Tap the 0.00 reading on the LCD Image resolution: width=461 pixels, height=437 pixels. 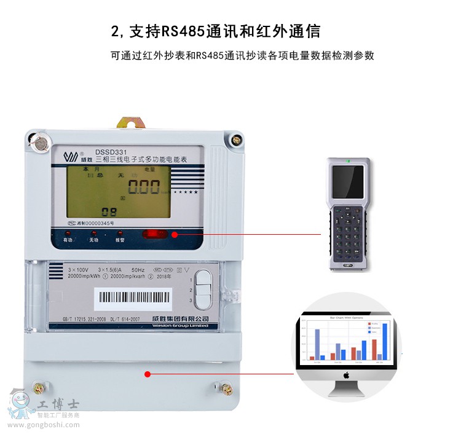click(140, 187)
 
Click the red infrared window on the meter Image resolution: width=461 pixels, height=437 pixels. click(154, 234)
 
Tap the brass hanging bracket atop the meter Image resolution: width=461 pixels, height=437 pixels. click(128, 124)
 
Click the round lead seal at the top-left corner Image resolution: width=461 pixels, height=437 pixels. click(41, 144)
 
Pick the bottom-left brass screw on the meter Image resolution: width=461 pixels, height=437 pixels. click(41, 388)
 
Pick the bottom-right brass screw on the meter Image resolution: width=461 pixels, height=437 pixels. click(226, 388)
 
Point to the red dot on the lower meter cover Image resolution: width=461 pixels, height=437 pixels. click(148, 374)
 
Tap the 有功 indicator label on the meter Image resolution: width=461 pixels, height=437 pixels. click(68, 240)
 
